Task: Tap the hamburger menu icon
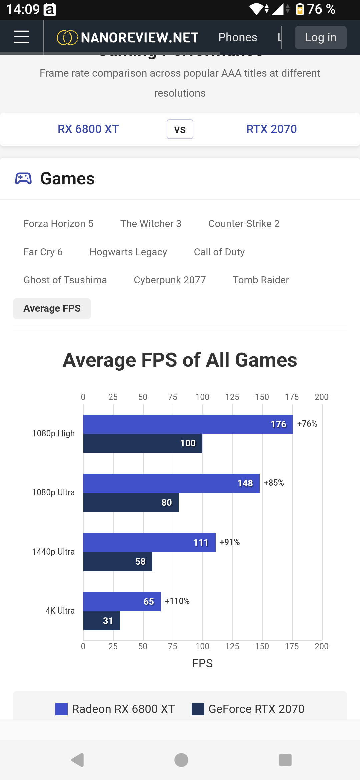point(22,37)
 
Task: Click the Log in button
point(321,37)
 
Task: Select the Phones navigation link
point(238,37)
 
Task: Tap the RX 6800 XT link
point(88,129)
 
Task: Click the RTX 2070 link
point(271,129)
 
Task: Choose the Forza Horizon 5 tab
point(58,224)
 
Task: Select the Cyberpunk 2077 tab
point(170,280)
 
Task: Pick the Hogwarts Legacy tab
point(128,252)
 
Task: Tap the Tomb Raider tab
point(261,280)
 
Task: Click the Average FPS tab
point(52,309)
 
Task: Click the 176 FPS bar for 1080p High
point(188,424)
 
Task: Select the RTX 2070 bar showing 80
point(131,502)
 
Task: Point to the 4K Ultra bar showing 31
point(102,621)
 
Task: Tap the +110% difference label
point(177,601)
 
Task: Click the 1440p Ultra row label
point(53,552)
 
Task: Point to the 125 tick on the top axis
point(232,397)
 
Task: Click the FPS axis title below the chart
point(202,663)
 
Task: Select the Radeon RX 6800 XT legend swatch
point(61,709)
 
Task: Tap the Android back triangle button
point(78,760)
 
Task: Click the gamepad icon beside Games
point(23,178)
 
